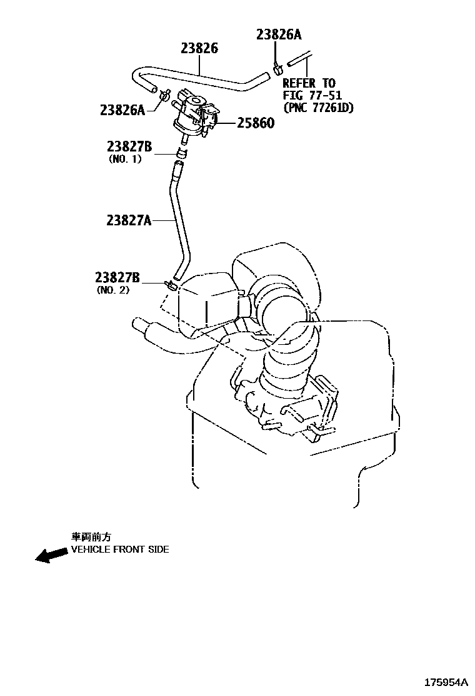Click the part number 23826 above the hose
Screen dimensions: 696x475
(199, 48)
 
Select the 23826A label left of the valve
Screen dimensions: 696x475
(122, 110)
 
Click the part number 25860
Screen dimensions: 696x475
(255, 123)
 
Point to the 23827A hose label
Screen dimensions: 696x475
(129, 220)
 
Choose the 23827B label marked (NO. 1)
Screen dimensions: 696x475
(129, 146)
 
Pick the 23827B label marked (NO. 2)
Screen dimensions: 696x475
(117, 277)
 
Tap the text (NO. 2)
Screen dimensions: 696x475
(114, 289)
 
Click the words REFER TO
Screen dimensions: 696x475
(309, 83)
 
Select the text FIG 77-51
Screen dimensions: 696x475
(312, 95)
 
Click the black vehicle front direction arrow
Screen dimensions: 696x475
(51, 555)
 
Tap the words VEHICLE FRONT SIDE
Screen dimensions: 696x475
(119, 550)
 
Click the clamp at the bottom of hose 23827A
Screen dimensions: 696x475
(171, 285)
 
